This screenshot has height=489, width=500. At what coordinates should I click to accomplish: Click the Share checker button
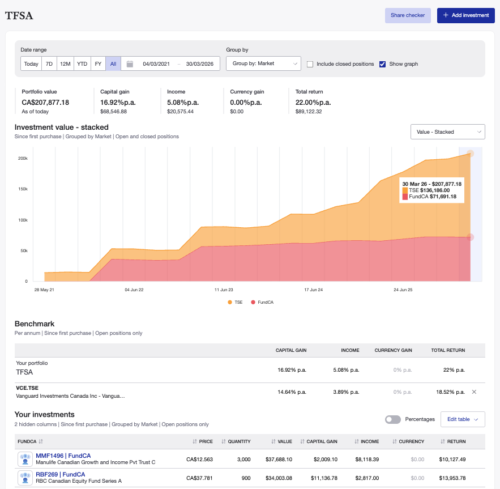pyautogui.click(x=408, y=15)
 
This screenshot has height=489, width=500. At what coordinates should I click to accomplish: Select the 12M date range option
pyautogui.click(x=65, y=64)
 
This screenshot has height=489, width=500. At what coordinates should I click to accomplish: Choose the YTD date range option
pyautogui.click(x=82, y=64)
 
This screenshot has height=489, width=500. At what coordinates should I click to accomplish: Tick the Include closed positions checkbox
pyautogui.click(x=310, y=64)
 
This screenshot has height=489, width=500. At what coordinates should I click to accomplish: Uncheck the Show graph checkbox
pyautogui.click(x=383, y=64)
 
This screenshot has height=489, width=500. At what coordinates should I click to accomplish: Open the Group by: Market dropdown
pyautogui.click(x=263, y=64)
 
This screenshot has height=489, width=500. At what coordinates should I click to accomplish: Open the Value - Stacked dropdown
pyautogui.click(x=447, y=131)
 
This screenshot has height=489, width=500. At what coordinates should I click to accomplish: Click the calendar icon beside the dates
pyautogui.click(x=130, y=64)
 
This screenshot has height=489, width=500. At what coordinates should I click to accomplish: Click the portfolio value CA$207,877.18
pyautogui.click(x=45, y=103)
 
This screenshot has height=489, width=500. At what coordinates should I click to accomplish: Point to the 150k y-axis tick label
pyautogui.click(x=23, y=189)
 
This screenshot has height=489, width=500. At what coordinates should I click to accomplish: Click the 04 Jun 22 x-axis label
pyautogui.click(x=134, y=290)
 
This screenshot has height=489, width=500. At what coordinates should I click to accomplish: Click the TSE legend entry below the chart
pyautogui.click(x=235, y=303)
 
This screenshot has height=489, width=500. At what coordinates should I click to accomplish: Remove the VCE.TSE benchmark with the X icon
pyautogui.click(x=474, y=392)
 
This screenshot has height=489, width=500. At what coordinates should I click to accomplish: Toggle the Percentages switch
pyautogui.click(x=392, y=419)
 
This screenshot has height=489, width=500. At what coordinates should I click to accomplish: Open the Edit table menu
pyautogui.click(x=462, y=419)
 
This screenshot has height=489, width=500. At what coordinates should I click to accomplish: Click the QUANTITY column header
pyautogui.click(x=238, y=441)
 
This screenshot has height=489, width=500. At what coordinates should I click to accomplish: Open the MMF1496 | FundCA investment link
pyautogui.click(x=63, y=456)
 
